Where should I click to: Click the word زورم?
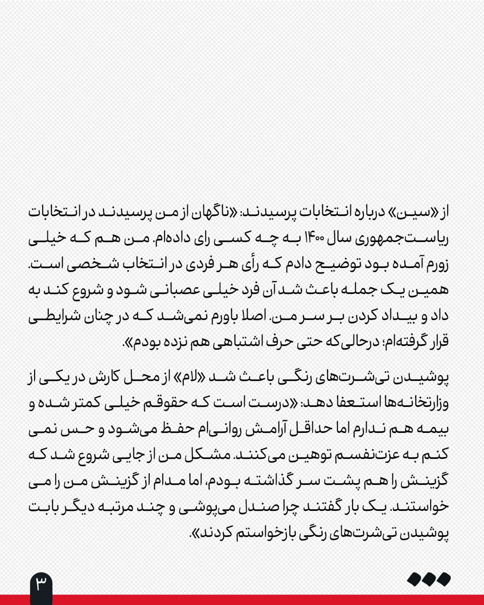[435, 264]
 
